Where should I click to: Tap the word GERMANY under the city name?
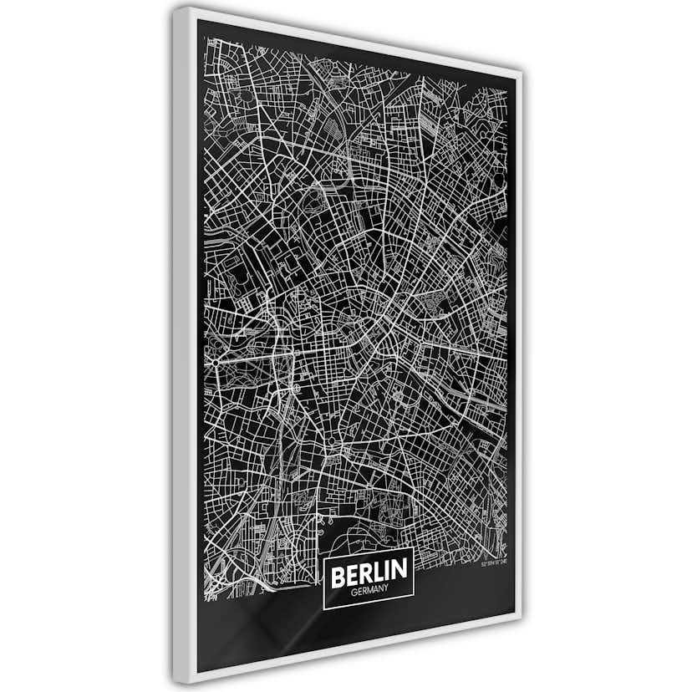pos(369,592)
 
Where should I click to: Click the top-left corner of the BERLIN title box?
pos(323,556)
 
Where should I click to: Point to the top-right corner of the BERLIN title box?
pos(415,556)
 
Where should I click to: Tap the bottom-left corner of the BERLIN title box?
pos(323,609)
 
